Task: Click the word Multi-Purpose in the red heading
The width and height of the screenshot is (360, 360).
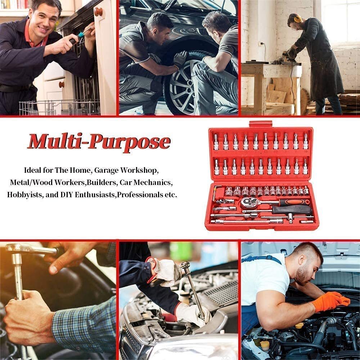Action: (98, 141)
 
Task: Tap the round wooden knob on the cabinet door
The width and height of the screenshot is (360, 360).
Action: (98, 12)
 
